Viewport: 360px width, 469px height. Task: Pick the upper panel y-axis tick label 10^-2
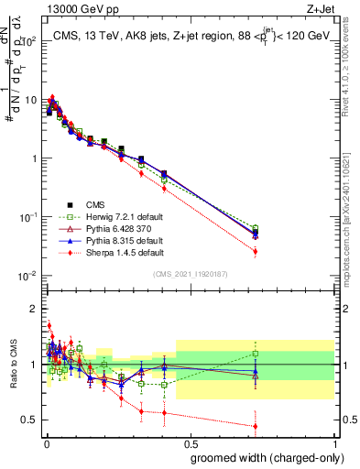click(x=27, y=276)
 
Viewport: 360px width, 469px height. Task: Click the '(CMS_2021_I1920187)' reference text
click(x=191, y=273)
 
